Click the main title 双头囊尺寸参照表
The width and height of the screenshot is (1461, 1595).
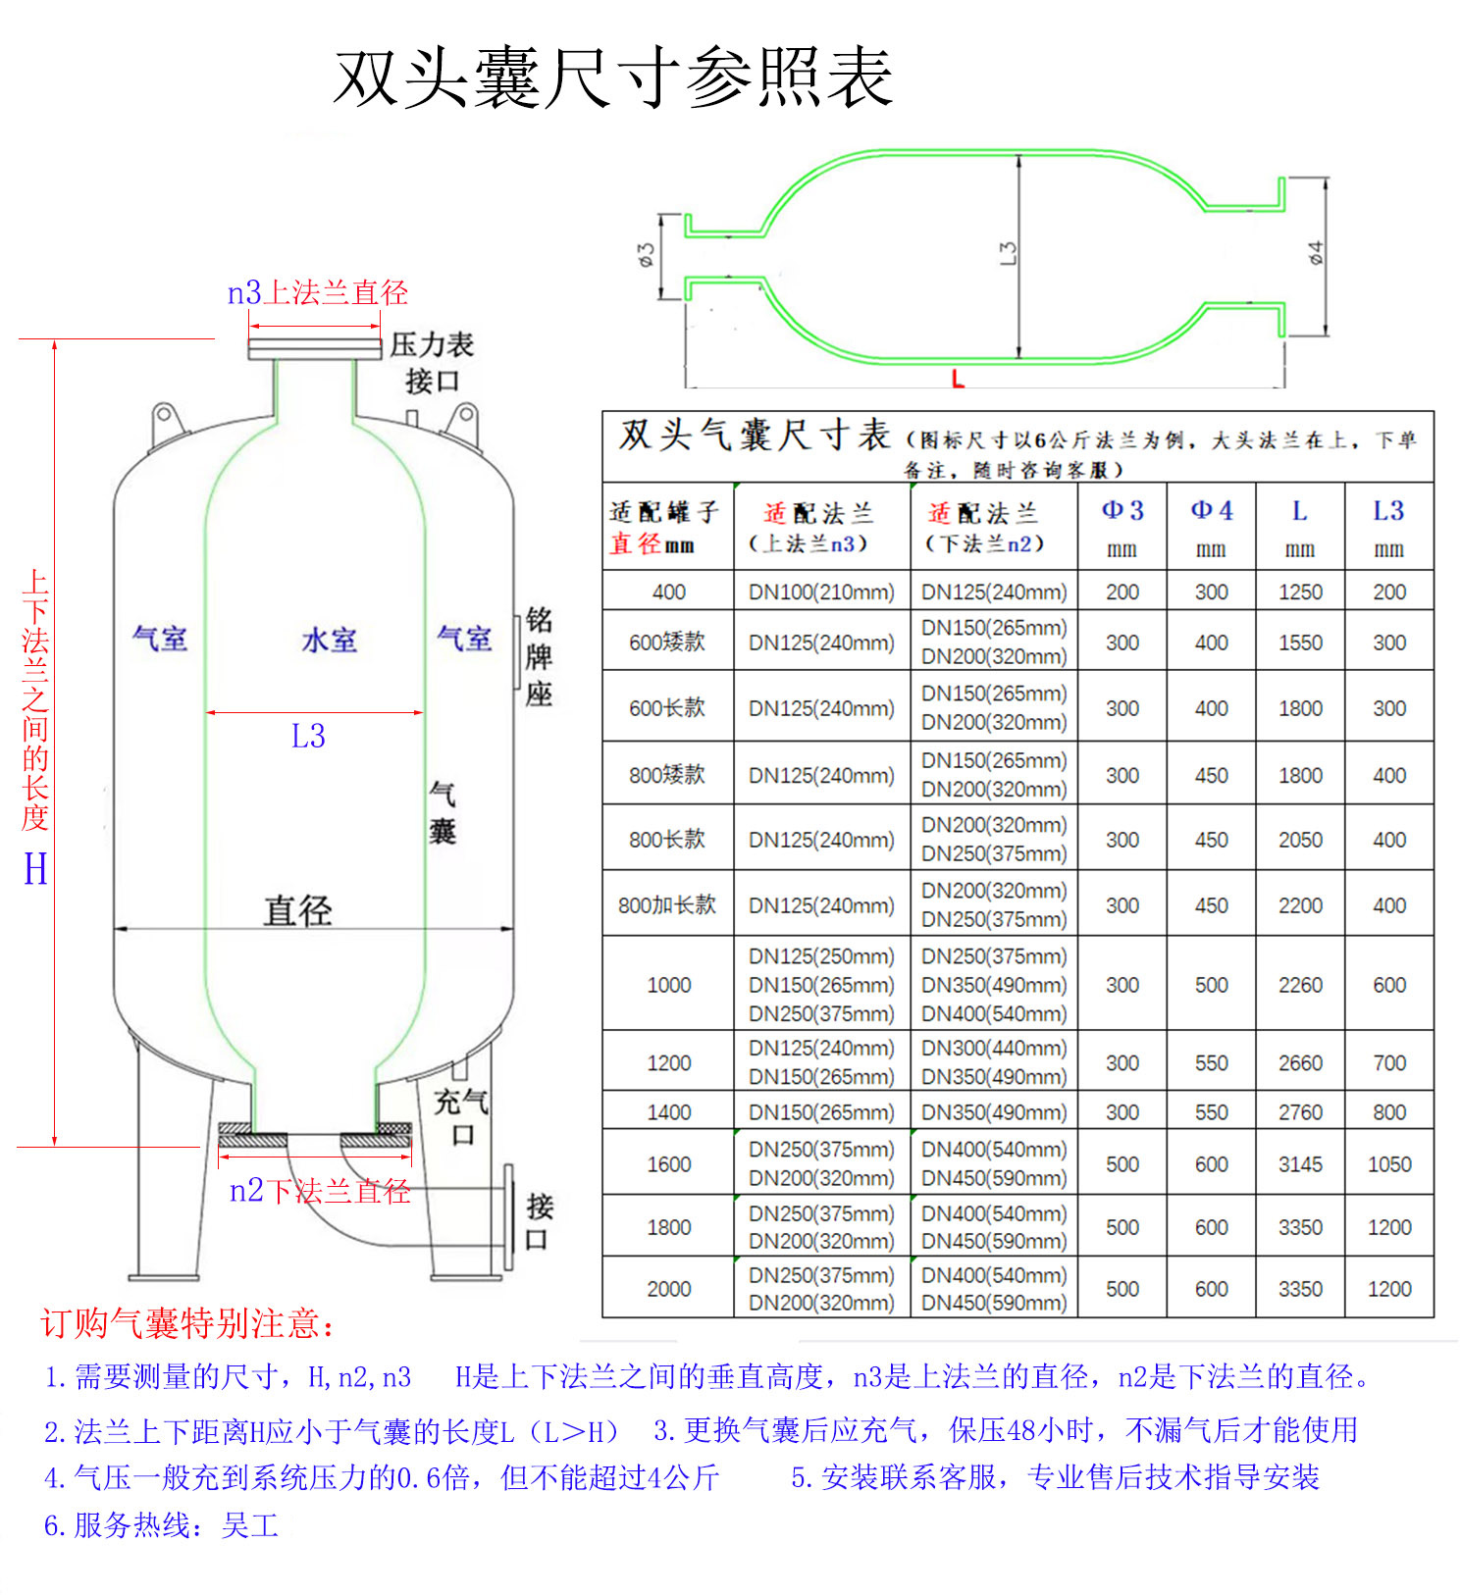(x=613, y=78)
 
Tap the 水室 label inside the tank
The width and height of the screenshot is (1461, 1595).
(x=329, y=641)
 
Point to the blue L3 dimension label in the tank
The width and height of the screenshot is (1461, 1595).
(x=308, y=736)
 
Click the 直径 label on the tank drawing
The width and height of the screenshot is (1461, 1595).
(x=297, y=911)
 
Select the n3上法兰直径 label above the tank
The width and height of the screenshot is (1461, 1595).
(x=317, y=292)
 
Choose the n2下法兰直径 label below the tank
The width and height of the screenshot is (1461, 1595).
(x=320, y=1191)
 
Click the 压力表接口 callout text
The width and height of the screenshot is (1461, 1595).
(x=432, y=362)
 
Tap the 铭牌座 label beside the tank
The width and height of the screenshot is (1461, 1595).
(x=539, y=656)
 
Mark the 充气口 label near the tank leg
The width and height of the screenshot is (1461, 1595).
(x=461, y=1117)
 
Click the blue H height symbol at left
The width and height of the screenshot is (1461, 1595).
(x=35, y=869)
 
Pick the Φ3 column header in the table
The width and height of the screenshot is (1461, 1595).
(x=1122, y=511)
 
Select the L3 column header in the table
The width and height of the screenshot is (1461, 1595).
(x=1388, y=511)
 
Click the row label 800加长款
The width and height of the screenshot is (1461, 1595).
(x=667, y=905)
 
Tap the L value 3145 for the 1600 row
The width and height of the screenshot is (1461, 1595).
(x=1300, y=1164)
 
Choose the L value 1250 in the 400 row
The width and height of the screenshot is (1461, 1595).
(x=1300, y=592)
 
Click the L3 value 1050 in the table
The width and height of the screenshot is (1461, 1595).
(x=1389, y=1164)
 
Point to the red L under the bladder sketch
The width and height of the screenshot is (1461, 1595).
(x=958, y=379)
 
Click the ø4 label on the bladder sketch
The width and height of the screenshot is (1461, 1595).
(x=1316, y=253)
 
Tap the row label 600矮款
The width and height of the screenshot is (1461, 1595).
(x=667, y=643)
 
